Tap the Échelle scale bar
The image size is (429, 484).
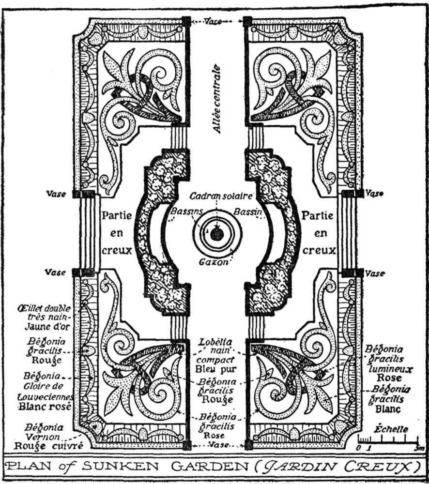(388, 440)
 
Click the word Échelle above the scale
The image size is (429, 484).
(391, 429)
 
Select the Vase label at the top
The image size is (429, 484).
(216, 21)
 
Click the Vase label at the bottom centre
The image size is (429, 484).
(217, 445)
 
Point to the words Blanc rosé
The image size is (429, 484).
(45, 406)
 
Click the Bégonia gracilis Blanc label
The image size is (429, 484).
(389, 399)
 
